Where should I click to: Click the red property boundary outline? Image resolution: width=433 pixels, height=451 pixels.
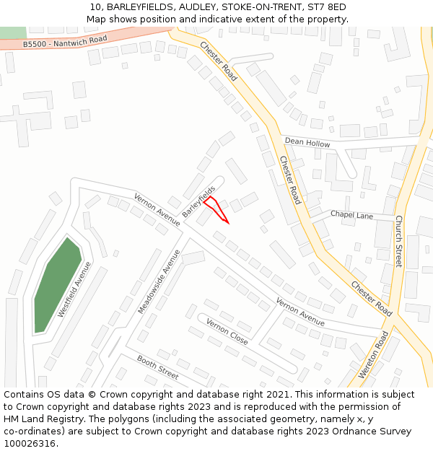click(x=216, y=209)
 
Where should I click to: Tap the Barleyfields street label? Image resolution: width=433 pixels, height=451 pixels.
click(x=198, y=203)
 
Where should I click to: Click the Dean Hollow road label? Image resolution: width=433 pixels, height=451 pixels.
click(x=307, y=143)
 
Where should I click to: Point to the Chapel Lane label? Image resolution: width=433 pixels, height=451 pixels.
click(x=351, y=215)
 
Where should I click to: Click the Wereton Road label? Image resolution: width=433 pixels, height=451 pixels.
click(x=373, y=355)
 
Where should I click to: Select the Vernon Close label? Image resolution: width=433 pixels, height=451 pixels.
click(x=227, y=331)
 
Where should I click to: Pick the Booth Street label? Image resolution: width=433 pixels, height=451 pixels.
click(x=157, y=368)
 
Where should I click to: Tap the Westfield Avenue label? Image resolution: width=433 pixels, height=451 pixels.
click(x=74, y=290)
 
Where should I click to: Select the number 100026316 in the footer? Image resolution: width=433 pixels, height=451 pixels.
click(x=30, y=443)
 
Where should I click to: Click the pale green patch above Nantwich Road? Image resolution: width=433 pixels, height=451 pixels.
click(x=12, y=32)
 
